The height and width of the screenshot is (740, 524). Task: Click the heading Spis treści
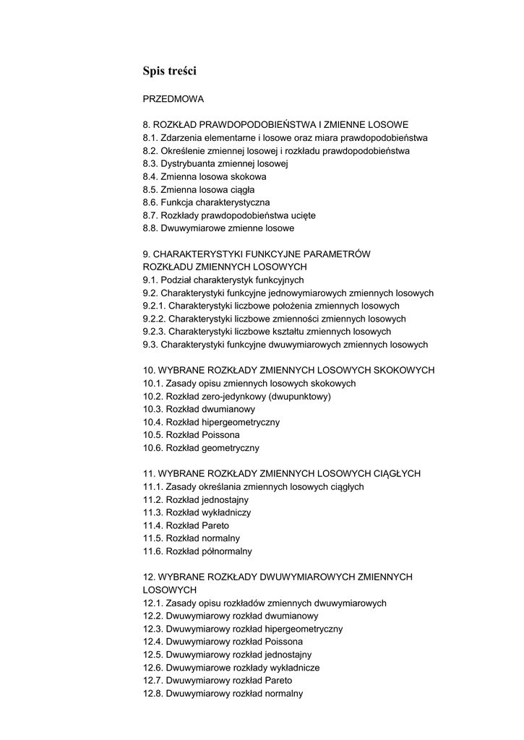tap(170, 71)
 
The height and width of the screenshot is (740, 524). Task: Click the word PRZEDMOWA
tap(173, 99)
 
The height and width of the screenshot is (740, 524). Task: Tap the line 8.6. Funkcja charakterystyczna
tap(206, 203)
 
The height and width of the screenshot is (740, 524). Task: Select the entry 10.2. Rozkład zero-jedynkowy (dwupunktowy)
tap(237, 397)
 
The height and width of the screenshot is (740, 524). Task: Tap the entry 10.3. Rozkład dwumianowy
tap(199, 409)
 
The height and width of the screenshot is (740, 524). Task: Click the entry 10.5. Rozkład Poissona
tap(192, 435)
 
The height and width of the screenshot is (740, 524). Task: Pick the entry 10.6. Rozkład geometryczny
tap(201, 448)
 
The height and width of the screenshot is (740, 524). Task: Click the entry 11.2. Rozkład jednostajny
tap(196, 500)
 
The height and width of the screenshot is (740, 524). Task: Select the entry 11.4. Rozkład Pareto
tap(186, 525)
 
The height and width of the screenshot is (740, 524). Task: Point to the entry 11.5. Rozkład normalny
tap(192, 538)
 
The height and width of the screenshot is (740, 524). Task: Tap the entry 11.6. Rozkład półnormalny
tap(197, 551)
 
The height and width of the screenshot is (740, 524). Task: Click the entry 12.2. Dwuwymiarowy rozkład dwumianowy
tap(231, 616)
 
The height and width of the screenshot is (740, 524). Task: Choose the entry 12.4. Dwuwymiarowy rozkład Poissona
tap(223, 642)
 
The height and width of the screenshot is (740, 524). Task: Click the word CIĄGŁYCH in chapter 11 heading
tap(395, 474)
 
